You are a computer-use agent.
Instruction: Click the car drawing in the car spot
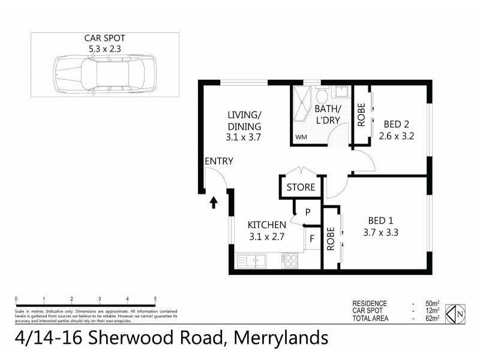(105, 75)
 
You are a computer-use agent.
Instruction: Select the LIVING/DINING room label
(244, 126)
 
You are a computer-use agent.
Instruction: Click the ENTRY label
(218, 161)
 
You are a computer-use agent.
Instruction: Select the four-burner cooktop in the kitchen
(290, 261)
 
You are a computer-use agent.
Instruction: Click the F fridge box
(312, 239)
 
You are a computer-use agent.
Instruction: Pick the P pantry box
(307, 212)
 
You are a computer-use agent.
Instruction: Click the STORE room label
(301, 187)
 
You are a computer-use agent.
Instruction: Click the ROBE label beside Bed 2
(361, 117)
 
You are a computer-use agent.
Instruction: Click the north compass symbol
(460, 312)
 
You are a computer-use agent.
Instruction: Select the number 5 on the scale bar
(155, 298)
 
